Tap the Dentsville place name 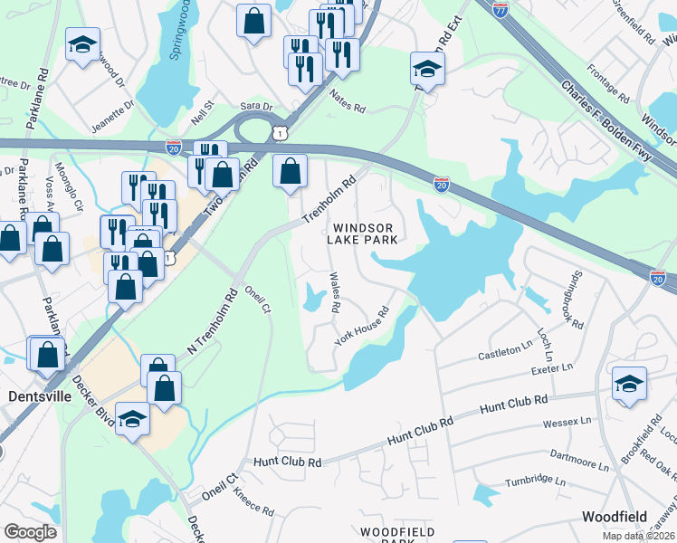click(39, 396)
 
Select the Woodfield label click(615, 517)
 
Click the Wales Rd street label click(334, 292)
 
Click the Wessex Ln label click(566, 421)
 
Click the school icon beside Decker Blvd click(132, 418)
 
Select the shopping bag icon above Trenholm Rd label click(290, 169)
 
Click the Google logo click(30, 532)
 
